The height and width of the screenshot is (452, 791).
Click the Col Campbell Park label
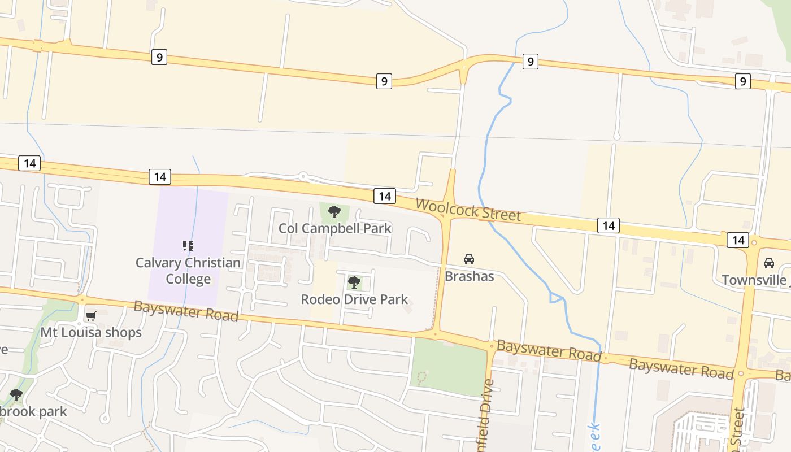[335, 228]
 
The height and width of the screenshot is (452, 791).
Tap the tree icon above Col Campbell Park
[334, 212]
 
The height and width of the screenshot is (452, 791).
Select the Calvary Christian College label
[188, 271]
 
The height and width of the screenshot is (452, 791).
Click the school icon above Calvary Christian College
[188, 246]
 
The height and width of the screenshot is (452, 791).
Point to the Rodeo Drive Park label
[354, 299]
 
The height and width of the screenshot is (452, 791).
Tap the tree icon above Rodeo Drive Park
[354, 282]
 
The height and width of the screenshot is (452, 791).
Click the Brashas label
[469, 276]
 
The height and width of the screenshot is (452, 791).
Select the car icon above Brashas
[468, 259]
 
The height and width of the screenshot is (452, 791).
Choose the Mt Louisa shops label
[91, 332]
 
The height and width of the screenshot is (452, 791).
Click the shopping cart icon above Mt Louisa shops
[90, 316]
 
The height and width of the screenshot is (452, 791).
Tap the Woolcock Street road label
[468, 210]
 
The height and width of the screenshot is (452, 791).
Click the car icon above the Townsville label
[768, 263]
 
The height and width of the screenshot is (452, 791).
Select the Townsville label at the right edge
[755, 280]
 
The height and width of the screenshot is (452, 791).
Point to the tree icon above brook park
[16, 394]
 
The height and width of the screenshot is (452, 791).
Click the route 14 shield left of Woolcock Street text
[384, 196]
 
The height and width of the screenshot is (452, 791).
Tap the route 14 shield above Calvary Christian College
[160, 177]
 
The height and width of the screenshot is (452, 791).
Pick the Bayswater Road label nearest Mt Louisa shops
[186, 311]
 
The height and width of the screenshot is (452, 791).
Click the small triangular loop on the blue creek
[556, 298]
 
